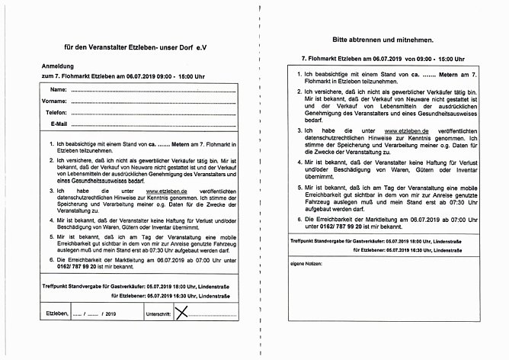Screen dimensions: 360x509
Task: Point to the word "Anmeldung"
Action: tap(46, 66)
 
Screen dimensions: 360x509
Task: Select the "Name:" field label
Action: tap(59, 90)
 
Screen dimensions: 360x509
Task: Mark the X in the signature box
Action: tap(181, 311)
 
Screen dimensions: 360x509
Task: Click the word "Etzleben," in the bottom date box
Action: tap(57, 313)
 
